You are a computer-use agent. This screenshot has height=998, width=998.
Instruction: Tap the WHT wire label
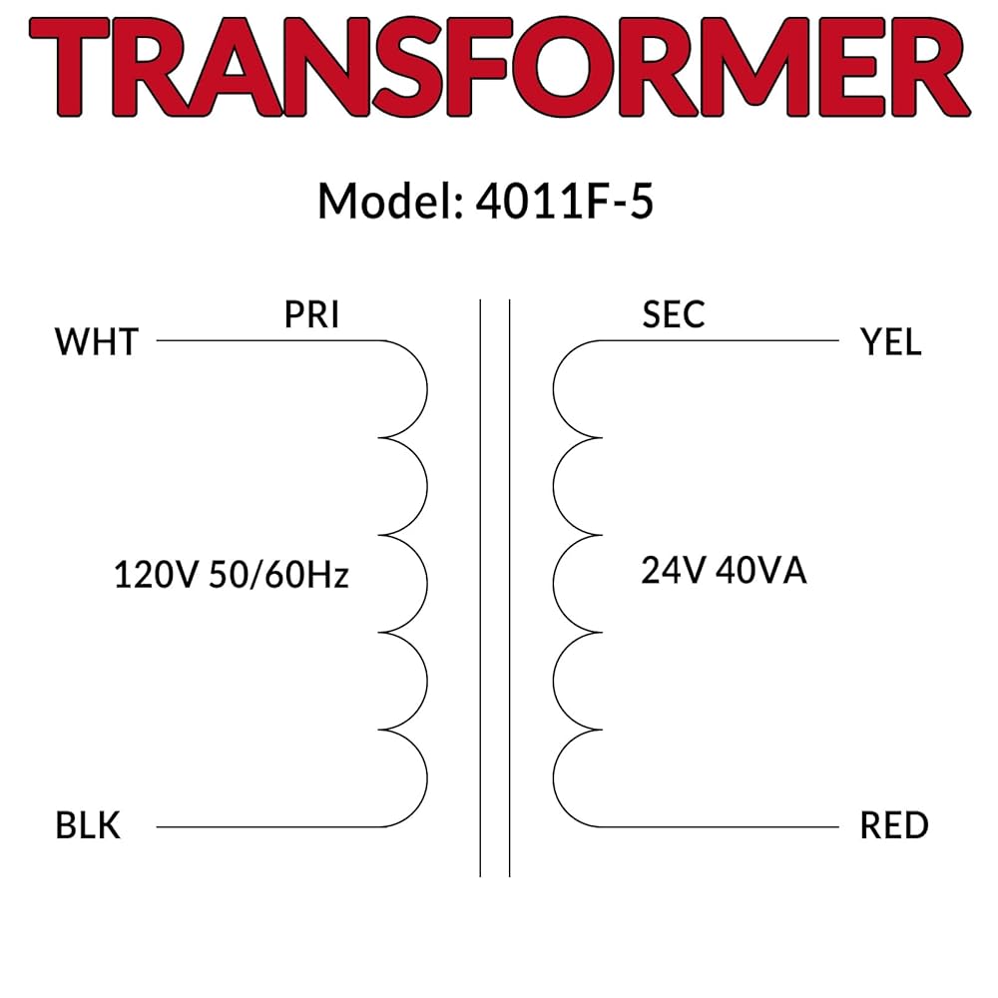click(96, 342)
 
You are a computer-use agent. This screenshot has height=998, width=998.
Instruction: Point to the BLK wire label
click(88, 826)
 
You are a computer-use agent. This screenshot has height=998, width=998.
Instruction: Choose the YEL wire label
click(890, 342)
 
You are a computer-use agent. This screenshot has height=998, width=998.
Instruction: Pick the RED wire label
click(894, 826)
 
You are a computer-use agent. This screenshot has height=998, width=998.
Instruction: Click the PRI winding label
click(311, 315)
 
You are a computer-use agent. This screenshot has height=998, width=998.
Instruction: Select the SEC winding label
click(674, 315)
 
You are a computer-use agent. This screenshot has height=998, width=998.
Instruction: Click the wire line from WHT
click(259, 340)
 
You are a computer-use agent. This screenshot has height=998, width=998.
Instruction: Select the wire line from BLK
click(259, 826)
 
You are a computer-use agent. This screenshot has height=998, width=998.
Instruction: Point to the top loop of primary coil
click(423, 388)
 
